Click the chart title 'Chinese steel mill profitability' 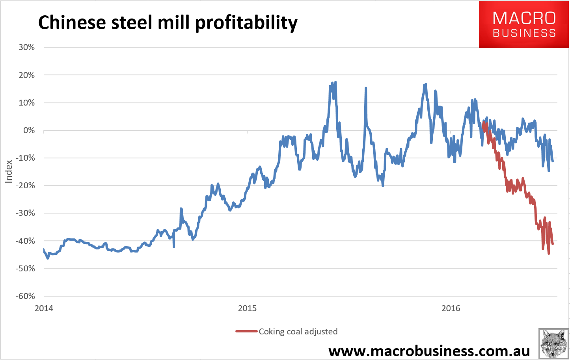coord(168,22)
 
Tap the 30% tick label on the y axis coord(26,47)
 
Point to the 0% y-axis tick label coord(29,130)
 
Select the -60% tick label coord(25,296)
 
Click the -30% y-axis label coord(25,213)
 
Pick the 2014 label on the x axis coord(44,308)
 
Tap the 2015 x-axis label coord(247,308)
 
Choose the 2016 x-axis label coord(451,308)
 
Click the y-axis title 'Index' coord(9,171)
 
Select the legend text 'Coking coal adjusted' coord(298,332)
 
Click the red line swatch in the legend coord(246,332)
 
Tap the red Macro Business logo coord(524,24)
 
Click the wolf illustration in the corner coord(553,343)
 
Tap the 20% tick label coord(26,75)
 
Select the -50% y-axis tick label coord(25,269)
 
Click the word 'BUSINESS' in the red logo coord(524,33)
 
